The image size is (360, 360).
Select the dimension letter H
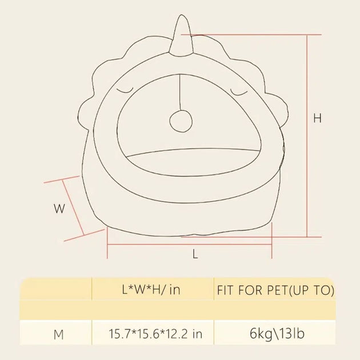tap(317, 118)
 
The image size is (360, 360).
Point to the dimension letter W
tap(59, 209)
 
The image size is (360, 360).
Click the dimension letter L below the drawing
tap(195, 255)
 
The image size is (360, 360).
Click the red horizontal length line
tap(189, 243)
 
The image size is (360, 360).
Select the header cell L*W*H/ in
tap(151, 290)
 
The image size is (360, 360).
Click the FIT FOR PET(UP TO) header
tap(274, 290)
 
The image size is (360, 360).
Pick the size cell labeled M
tap(58, 334)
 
